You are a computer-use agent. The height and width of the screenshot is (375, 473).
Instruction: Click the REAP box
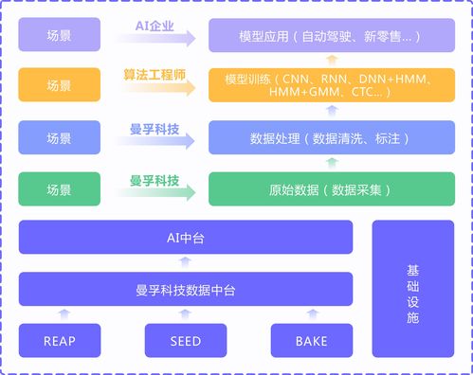click(x=60, y=340)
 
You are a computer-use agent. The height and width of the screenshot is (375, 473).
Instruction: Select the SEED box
click(x=185, y=340)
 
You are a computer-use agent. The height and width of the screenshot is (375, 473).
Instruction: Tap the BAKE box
click(x=311, y=340)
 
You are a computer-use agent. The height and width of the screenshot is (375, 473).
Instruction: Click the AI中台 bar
click(x=186, y=238)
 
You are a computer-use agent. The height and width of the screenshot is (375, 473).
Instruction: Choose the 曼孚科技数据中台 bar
click(x=186, y=289)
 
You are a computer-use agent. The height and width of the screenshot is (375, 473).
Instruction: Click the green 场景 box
click(x=59, y=189)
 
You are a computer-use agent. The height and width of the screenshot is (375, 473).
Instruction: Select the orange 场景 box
click(x=59, y=85)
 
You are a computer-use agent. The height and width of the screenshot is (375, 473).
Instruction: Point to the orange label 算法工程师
click(x=155, y=74)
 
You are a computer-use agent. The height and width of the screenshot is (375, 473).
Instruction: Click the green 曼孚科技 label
click(x=155, y=178)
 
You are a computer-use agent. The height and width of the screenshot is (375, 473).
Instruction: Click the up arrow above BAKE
click(x=311, y=312)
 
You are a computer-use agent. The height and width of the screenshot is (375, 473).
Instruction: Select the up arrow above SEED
click(x=186, y=312)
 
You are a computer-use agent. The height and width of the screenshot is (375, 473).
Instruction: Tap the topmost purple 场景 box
click(x=59, y=38)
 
